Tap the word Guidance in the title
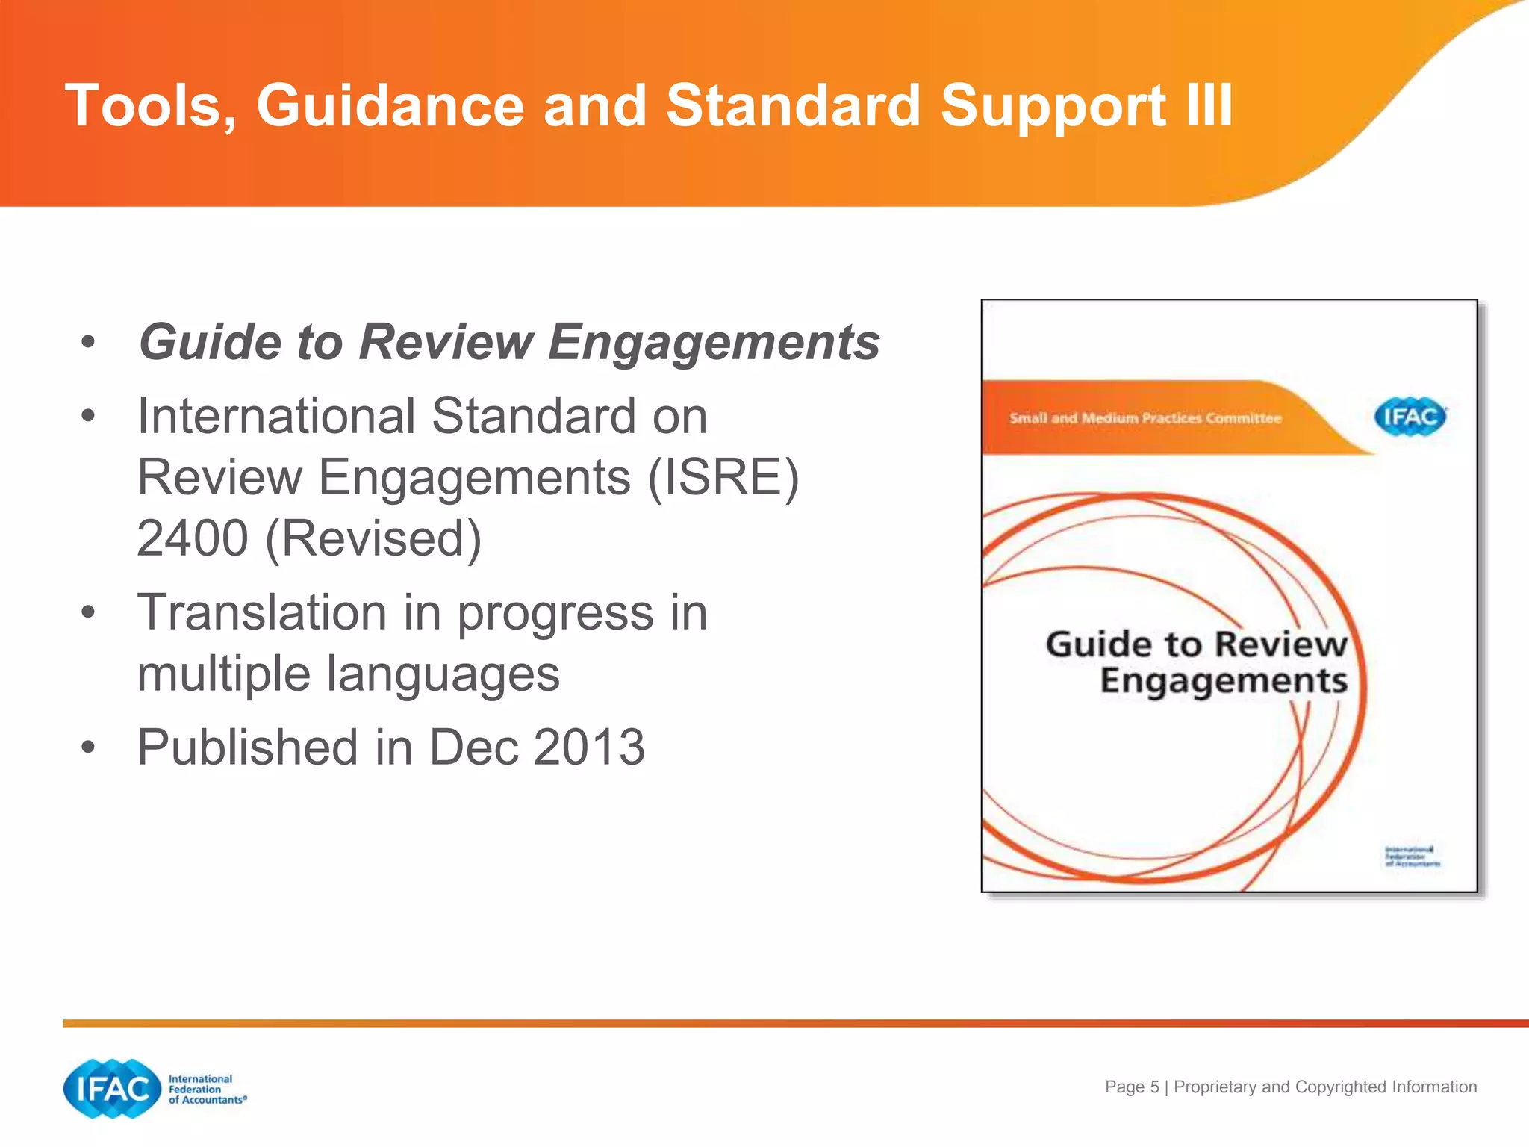click(390, 106)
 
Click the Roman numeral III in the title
click(1208, 106)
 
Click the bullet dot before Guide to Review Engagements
click(88, 343)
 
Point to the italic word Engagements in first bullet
click(714, 343)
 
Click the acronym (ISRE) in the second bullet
click(723, 477)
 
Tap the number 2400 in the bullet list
click(193, 538)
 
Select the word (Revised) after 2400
click(373, 538)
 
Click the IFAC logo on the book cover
click(1410, 416)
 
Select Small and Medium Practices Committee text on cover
click(1145, 418)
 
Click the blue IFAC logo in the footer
click(113, 1089)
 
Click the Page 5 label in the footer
click(1132, 1087)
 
